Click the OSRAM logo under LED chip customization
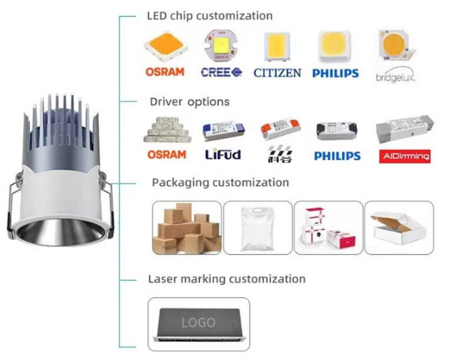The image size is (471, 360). (165, 71)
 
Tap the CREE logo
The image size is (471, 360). (221, 72)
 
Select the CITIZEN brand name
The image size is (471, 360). (277, 73)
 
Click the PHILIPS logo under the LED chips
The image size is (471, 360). (336, 73)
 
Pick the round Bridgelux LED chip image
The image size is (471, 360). (393, 45)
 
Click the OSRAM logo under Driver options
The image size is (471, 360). (167, 154)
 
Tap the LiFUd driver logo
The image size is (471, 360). (223, 155)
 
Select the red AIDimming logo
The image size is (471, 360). (403, 156)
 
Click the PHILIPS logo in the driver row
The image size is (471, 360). (337, 156)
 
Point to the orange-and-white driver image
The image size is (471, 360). (280, 129)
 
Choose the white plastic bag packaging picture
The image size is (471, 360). (257, 227)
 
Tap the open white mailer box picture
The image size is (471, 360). (399, 227)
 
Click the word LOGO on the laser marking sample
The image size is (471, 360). (198, 322)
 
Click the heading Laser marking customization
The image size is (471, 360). (227, 279)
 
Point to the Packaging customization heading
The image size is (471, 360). (220, 183)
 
